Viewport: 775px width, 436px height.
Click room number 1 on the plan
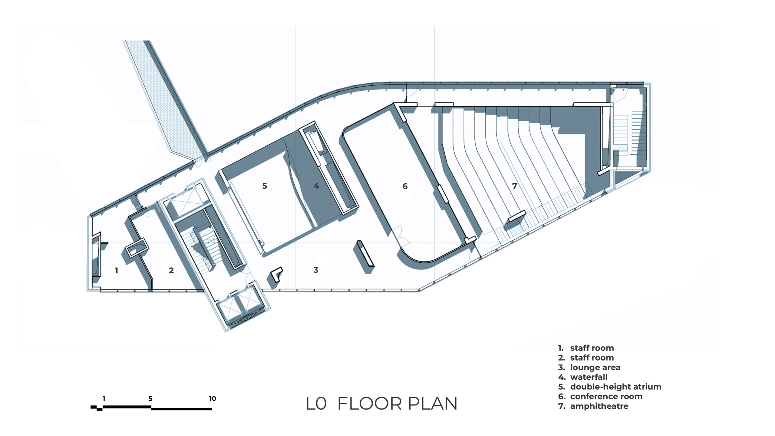pos(117,270)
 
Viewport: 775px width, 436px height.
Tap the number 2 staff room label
pos(171,270)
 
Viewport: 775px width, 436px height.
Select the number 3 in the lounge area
pos(316,270)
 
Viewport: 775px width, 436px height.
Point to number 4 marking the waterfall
pos(316,186)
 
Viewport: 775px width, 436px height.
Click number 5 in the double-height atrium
pos(265,186)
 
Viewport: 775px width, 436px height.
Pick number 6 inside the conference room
pos(405,186)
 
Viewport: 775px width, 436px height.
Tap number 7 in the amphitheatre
pos(515,186)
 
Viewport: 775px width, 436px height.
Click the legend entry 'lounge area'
pos(595,368)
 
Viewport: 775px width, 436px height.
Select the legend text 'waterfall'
pos(589,377)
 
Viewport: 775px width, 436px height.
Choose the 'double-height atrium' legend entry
pos(616,387)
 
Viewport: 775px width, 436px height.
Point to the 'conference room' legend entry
pos(606,397)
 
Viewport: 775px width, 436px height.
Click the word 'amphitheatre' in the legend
pos(599,406)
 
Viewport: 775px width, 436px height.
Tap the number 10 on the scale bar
pos(213,399)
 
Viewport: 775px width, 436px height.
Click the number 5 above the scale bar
pos(150,399)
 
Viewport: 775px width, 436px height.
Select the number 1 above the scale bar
pos(104,399)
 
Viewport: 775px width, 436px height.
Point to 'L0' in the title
pos(316,404)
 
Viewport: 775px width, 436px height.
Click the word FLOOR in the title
pos(370,404)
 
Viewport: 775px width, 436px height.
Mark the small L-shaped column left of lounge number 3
pos(276,274)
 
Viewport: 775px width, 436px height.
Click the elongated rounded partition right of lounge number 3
pos(365,254)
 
